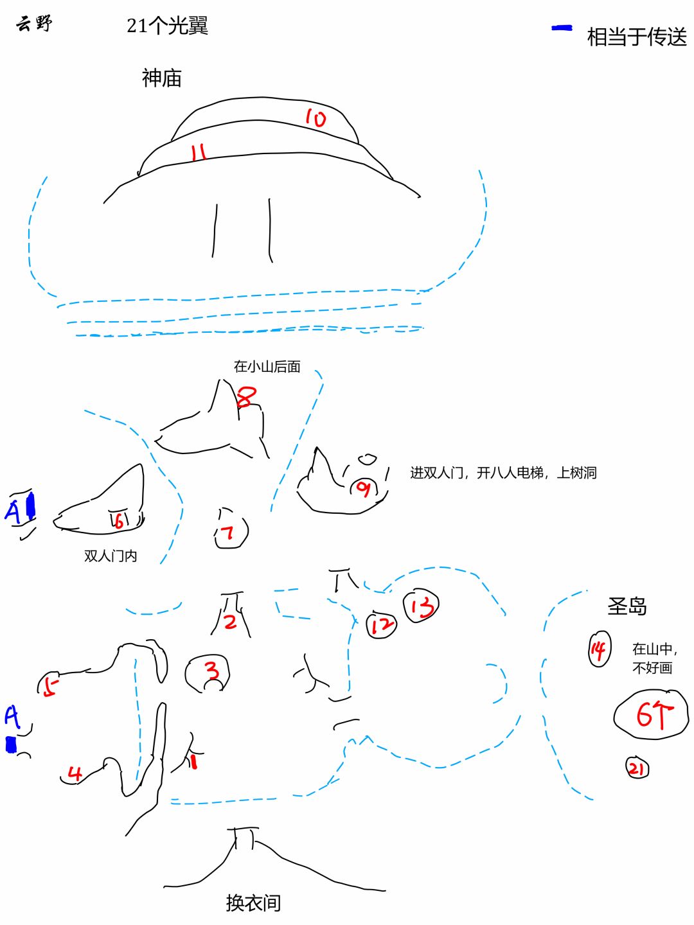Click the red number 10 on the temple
(316, 118)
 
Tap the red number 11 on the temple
(198, 152)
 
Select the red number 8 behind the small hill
(247, 396)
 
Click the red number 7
(228, 533)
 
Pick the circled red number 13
(422, 606)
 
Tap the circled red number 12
(382, 625)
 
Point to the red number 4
(75, 773)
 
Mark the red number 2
(230, 622)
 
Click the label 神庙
(162, 78)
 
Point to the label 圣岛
(627, 606)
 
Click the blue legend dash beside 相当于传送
(562, 28)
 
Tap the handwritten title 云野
(35, 24)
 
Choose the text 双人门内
(111, 556)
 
